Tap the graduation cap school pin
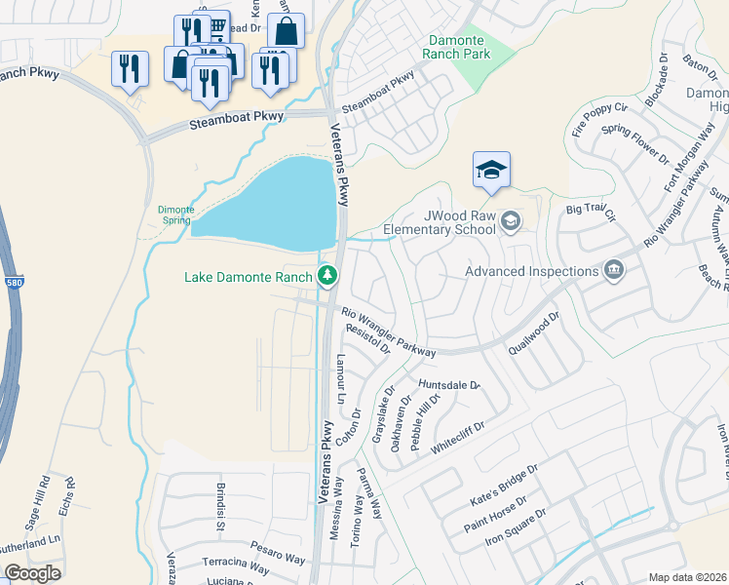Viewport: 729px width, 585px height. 492,171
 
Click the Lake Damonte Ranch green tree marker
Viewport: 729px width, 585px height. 328,277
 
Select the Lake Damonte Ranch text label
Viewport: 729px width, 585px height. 249,277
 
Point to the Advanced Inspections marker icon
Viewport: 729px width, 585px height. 613,270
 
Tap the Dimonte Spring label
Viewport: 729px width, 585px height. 175,214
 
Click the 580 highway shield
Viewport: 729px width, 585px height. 6,256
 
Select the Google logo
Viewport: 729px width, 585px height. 32,572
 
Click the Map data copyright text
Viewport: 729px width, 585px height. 688,577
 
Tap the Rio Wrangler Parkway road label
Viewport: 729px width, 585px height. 387,331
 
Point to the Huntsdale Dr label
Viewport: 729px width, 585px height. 449,385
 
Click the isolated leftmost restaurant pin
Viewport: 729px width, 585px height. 130,69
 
